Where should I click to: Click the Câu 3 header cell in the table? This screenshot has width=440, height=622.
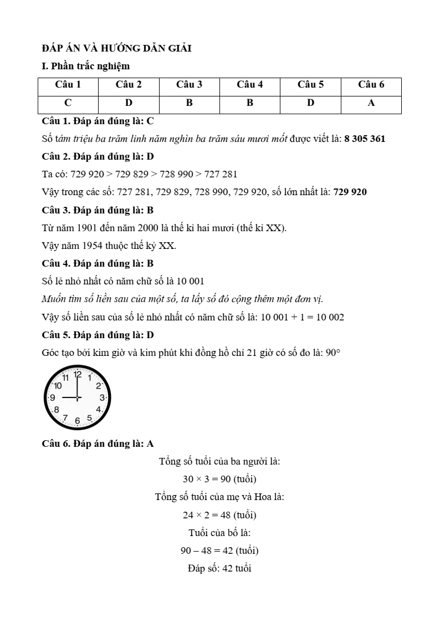click(189, 85)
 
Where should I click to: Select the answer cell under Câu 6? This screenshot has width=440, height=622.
click(371, 103)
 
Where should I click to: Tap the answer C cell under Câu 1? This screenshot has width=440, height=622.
click(68, 103)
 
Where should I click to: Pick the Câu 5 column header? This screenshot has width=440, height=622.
click(310, 85)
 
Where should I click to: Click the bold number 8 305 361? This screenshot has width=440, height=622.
click(365, 139)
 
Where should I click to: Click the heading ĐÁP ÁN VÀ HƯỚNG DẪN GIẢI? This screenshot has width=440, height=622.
click(116, 48)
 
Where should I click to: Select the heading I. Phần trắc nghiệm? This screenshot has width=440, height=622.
click(86, 67)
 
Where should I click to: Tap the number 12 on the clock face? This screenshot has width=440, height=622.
click(78, 375)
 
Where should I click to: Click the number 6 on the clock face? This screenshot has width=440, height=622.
click(78, 421)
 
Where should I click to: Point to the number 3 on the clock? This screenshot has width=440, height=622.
click(102, 398)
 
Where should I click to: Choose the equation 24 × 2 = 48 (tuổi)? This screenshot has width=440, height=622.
click(219, 515)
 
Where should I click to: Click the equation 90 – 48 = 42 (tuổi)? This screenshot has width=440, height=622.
click(219, 551)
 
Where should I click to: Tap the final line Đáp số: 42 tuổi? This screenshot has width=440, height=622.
click(219, 569)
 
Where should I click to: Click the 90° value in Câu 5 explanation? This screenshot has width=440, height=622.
click(332, 353)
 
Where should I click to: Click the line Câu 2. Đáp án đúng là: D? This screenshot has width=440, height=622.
click(98, 156)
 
